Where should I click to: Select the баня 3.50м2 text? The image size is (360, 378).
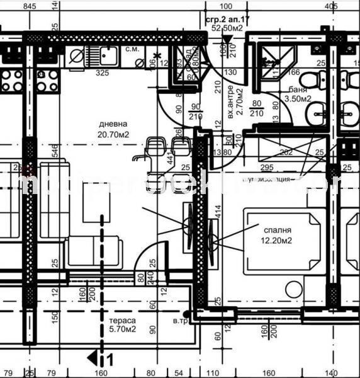pyautogui.click(x=297, y=94)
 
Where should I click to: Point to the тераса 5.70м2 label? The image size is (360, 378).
pyautogui.click(x=122, y=324)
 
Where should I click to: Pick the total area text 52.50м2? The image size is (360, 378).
pyautogui.click(x=227, y=28)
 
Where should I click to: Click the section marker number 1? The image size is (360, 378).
pyautogui.click(x=110, y=360)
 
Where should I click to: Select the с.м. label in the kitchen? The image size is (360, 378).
pyautogui.click(x=131, y=49)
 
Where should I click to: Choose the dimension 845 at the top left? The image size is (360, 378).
pyautogui.click(x=30, y=6)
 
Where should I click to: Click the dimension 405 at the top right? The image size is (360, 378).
pyautogui.click(x=331, y=6)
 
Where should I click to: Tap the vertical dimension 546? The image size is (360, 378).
pyautogui.click(x=55, y=150)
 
